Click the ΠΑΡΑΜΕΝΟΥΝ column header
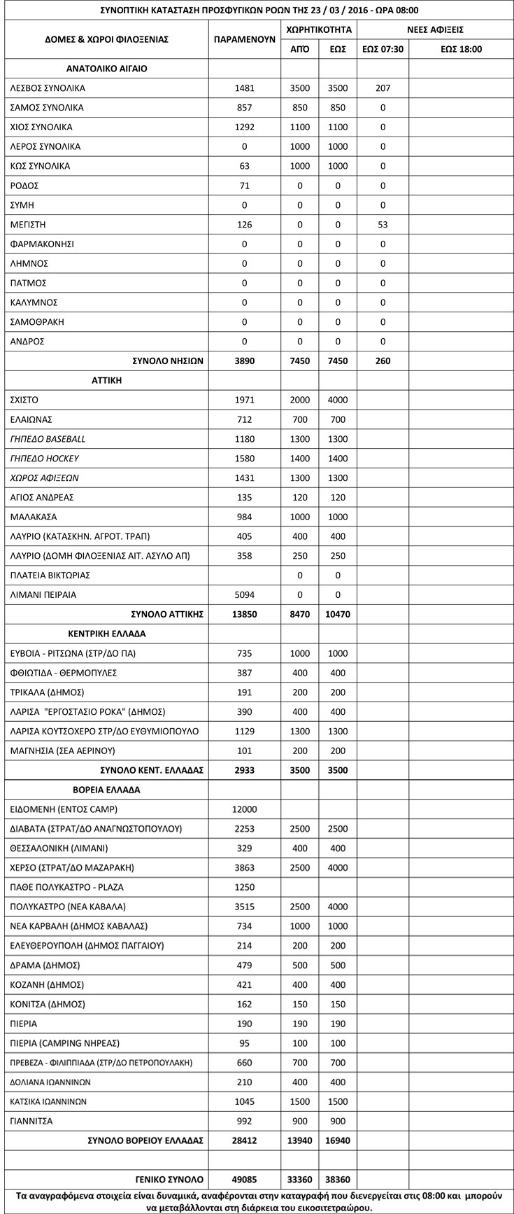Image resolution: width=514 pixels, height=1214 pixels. tap(245, 40)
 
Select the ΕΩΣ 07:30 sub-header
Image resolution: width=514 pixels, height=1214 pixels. tap(383, 49)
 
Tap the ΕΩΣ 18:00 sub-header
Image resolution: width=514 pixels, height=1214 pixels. tap(462, 49)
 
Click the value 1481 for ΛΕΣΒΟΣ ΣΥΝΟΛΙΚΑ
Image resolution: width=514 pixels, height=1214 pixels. tap(245, 88)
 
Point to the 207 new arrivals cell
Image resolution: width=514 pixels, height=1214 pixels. tap(383, 88)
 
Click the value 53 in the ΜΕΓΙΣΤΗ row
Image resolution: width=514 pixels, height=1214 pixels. tap(383, 225)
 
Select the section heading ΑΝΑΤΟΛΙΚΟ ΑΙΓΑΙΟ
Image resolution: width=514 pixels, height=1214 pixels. tap(106, 69)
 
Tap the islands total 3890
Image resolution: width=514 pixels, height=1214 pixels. tap(245, 361)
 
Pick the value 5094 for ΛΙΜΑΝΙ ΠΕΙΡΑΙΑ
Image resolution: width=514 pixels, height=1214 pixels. tap(245, 594)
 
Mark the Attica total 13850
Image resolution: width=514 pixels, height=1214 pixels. tap(245, 614)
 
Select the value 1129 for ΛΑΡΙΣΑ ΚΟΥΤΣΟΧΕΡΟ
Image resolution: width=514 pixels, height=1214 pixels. tap(245, 731)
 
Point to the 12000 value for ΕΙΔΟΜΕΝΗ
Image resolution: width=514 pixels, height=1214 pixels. tap(245, 809)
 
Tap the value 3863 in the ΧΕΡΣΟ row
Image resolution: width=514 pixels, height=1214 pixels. tap(245, 867)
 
